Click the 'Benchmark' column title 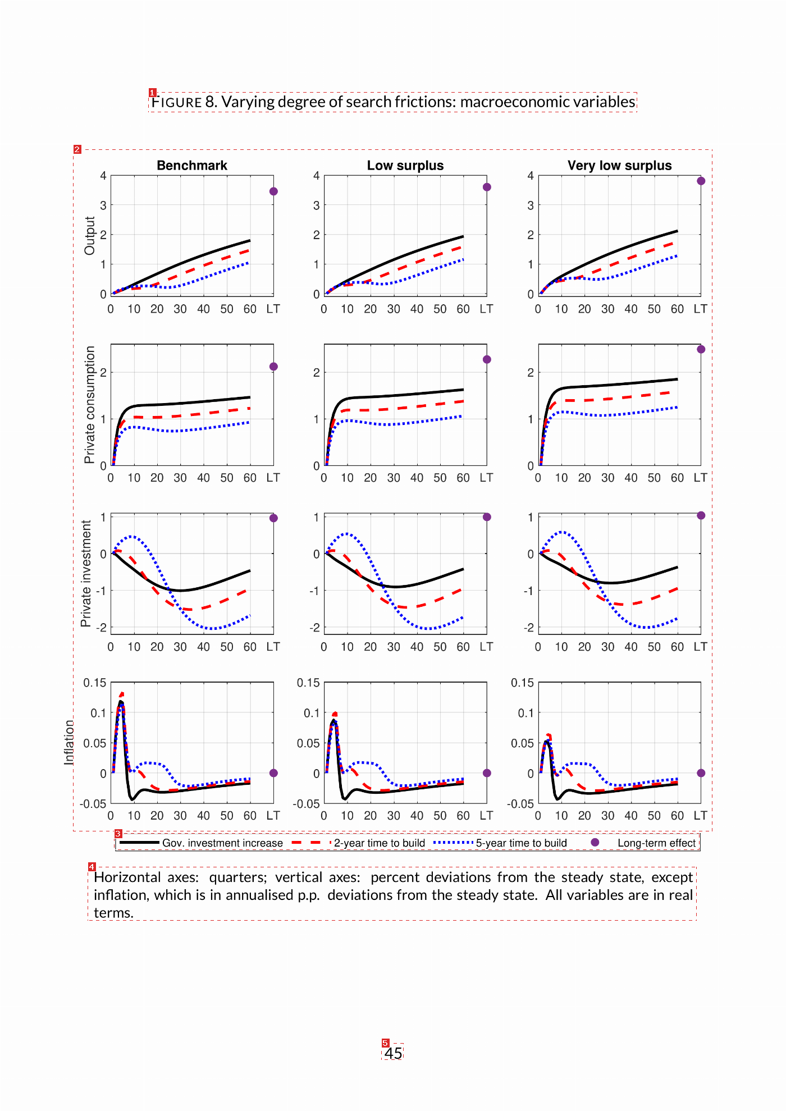pos(192,166)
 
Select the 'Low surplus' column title pos(405,166)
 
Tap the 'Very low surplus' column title pos(619,166)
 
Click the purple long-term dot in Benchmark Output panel pos(273,191)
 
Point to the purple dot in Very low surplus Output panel pos(701,181)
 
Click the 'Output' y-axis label pos(89,236)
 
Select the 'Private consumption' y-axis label pos(89,405)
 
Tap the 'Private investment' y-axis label pos(86,573)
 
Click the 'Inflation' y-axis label pos(69,742)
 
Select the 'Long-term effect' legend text pos(656,843)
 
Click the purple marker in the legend pos(595,842)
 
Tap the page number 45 pos(393,1053)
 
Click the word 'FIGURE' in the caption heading pos(176,102)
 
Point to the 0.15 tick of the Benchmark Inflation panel pos(95,683)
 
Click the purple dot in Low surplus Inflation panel pos(487,773)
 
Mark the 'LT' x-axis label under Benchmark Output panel pos(273,309)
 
